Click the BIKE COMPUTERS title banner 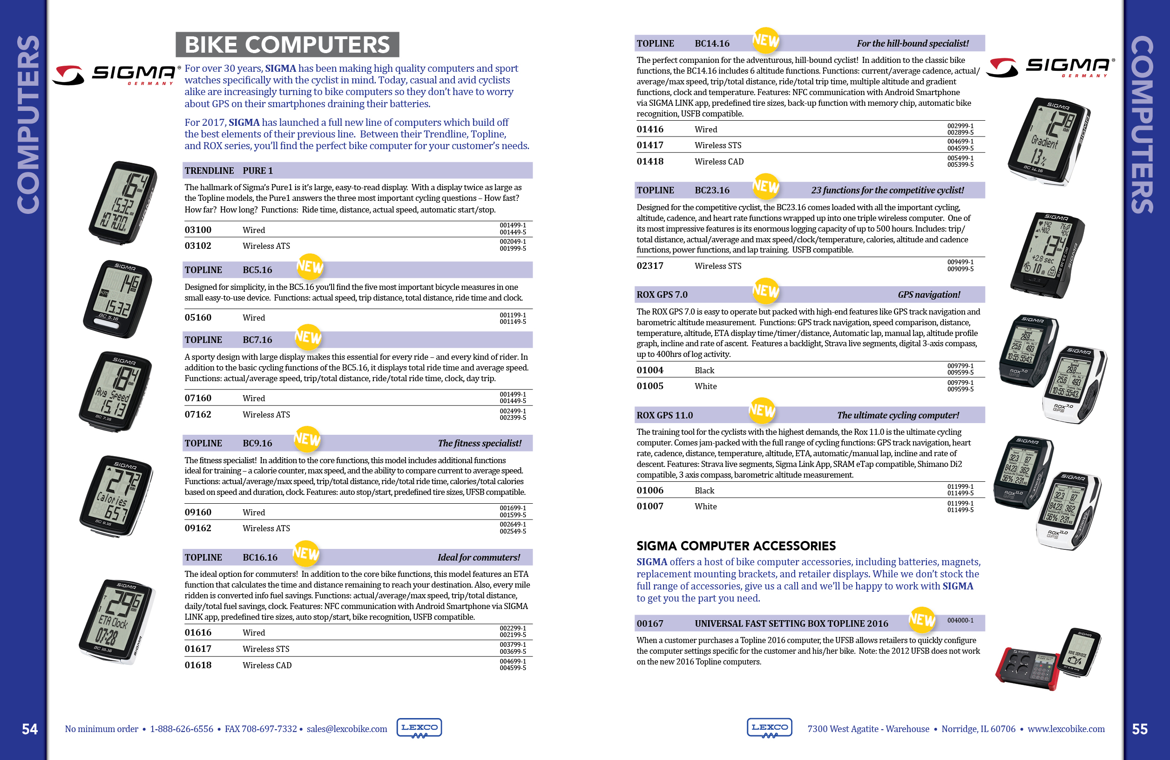coord(287,45)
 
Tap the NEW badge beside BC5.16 coord(310,267)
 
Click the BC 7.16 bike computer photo coord(115,391)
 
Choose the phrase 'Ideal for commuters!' coord(478,557)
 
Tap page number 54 coord(29,729)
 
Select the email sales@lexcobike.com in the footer coord(346,729)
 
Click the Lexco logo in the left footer coord(419,728)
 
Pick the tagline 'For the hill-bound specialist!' coord(913,43)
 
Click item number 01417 coord(650,145)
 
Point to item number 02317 coord(650,266)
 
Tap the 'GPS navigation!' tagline coord(929,294)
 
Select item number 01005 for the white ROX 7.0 coord(650,386)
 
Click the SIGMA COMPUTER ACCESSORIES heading coord(736,546)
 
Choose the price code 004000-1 coord(960,621)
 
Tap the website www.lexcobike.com coord(1066,729)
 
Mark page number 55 coord(1140,729)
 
